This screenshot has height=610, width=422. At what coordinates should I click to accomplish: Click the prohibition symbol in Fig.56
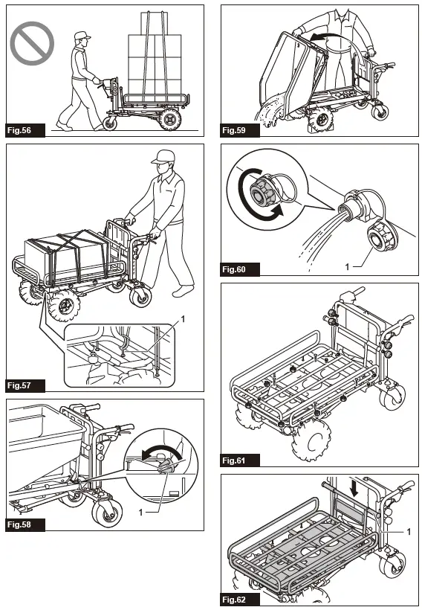[32, 43]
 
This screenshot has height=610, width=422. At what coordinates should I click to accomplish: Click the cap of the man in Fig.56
[81, 35]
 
